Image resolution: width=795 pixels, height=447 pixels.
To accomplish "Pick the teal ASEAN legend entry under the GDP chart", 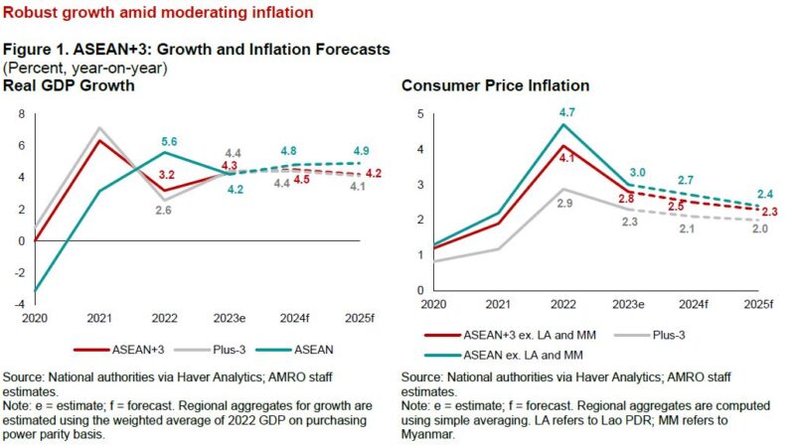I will [x=299, y=349].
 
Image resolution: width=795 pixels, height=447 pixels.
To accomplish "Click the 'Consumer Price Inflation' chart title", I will [x=483, y=86].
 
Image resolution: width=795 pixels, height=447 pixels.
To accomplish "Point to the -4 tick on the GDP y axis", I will [x=21, y=303].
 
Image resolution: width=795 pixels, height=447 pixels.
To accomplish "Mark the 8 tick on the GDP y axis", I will [x=22, y=114].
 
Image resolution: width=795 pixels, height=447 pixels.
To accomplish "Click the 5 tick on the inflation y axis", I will [x=420, y=114].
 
